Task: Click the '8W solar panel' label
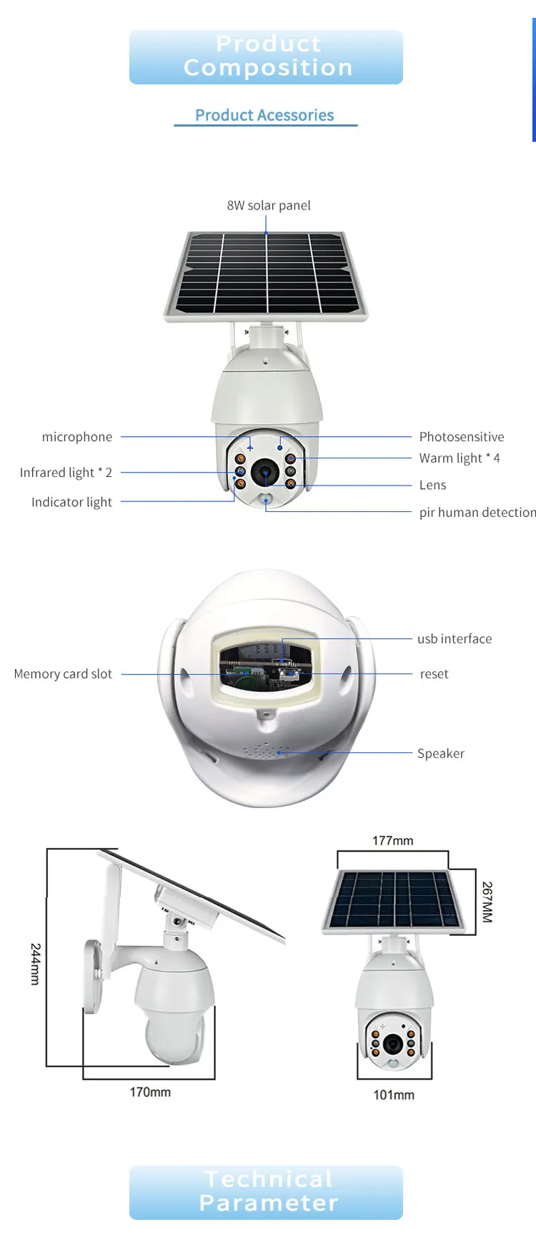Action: pos(269,206)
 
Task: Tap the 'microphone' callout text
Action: pos(77,437)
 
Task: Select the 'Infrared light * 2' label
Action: pos(66,473)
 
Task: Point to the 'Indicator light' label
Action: pos(71,502)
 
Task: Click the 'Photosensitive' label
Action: pos(462,437)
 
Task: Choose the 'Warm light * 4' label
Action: pos(460,458)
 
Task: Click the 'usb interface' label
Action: pos(455,639)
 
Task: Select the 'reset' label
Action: pos(434,674)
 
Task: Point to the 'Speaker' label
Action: pos(440,754)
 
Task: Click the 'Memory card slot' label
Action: pos(63,674)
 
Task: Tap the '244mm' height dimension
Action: pos(35,964)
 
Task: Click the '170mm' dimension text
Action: pos(150,1092)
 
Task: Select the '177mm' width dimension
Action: pos(392,841)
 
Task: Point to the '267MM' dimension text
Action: pos(487,902)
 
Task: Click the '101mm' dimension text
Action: pos(393,1095)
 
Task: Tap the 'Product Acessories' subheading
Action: pos(264,115)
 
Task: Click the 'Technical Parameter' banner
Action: pos(266,1192)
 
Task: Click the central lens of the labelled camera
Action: pos(265,473)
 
